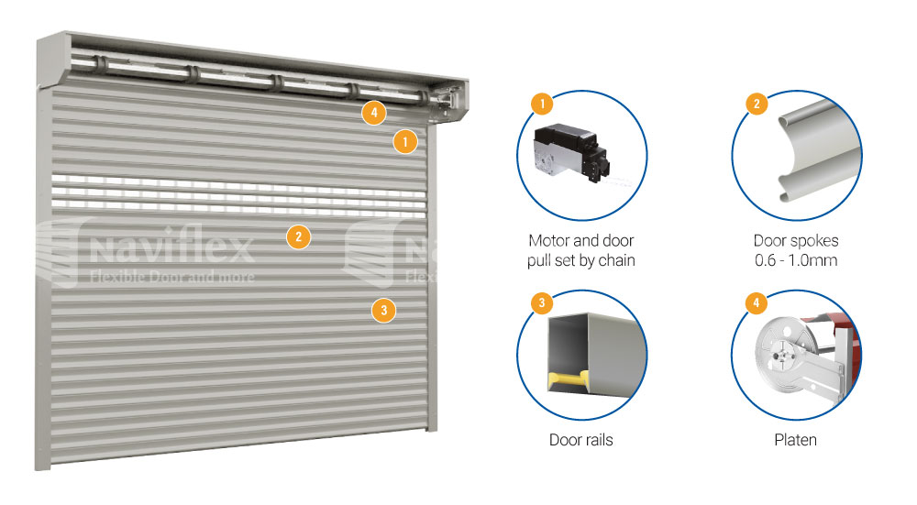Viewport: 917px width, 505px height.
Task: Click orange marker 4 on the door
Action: [x=374, y=112]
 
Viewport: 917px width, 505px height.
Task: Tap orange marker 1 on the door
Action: [x=404, y=141]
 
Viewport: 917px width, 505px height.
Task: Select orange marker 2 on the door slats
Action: [x=298, y=236]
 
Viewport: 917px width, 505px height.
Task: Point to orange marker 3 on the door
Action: [x=383, y=310]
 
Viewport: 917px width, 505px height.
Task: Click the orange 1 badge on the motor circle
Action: [x=542, y=104]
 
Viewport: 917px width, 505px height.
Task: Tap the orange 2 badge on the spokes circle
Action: [x=757, y=104]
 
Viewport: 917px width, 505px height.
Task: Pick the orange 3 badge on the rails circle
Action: [x=542, y=302]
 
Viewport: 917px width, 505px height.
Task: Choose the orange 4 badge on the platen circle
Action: [x=757, y=302]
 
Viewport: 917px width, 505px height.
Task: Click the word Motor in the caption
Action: [x=548, y=241]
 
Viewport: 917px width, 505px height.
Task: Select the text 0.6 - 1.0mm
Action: [x=796, y=260]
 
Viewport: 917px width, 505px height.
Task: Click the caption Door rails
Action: [x=580, y=440]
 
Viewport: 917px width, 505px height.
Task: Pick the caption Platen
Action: [x=795, y=440]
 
